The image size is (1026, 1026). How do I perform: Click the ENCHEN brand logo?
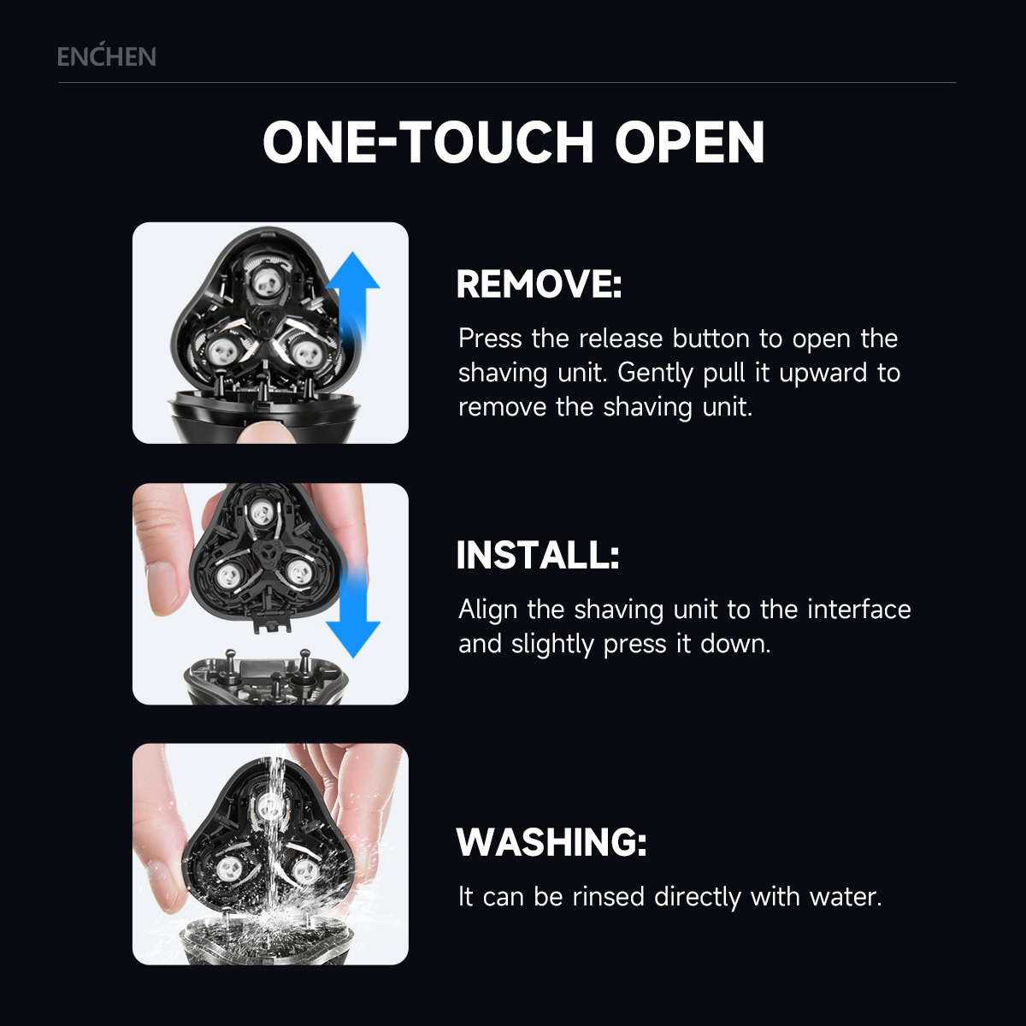[107, 56]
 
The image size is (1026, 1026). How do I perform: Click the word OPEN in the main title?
[689, 142]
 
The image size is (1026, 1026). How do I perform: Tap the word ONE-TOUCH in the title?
[428, 142]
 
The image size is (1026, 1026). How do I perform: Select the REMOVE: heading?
[539, 284]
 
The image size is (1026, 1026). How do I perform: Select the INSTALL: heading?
[538, 555]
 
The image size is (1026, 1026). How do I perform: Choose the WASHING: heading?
[551, 842]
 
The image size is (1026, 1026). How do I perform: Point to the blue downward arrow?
[352, 612]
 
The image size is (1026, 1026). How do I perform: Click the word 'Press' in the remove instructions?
[490, 338]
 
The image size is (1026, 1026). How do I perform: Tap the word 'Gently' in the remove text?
[655, 374]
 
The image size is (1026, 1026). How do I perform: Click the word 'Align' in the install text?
[487, 610]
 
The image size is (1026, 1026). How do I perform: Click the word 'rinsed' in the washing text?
[609, 897]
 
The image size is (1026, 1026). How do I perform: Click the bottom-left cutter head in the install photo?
[229, 575]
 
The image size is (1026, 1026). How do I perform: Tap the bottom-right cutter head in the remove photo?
[306, 354]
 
